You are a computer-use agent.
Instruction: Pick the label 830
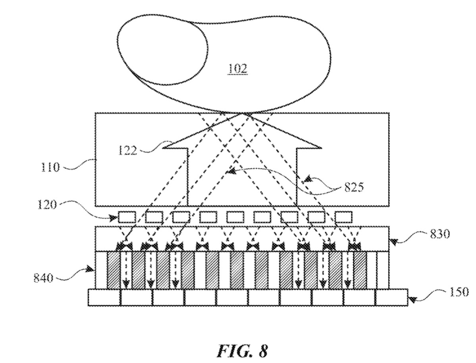click(439, 234)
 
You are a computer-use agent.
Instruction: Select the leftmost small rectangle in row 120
click(127, 217)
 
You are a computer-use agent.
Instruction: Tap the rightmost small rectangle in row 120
click(343, 217)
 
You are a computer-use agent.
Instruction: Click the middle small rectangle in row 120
click(235, 217)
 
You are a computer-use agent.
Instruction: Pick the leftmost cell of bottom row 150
click(104, 298)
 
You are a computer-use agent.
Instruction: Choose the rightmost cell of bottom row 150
click(391, 298)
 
